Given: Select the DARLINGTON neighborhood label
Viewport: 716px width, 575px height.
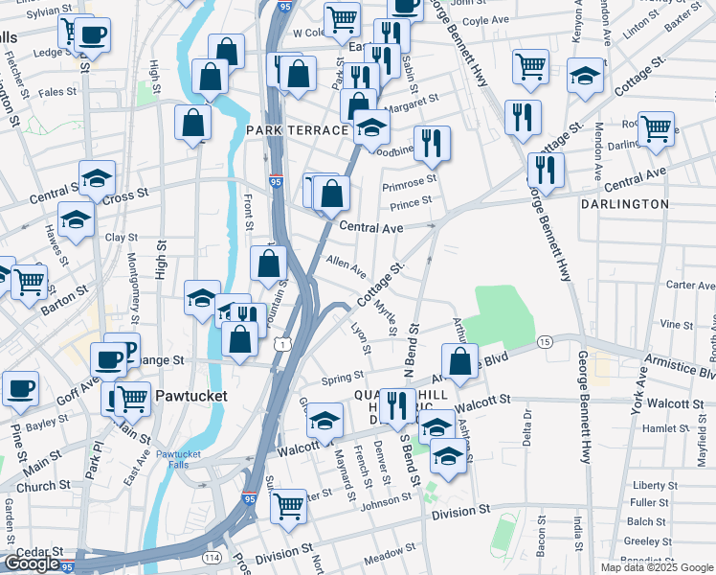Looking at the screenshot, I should pos(624,204).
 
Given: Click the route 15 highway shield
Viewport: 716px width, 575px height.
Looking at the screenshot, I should pos(544,342).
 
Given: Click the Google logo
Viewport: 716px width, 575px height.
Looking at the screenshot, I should pos(32,563).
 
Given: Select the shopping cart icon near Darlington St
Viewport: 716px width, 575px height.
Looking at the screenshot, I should pos(656,127).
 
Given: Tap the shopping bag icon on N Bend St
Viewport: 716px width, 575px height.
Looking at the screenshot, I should pos(460,361).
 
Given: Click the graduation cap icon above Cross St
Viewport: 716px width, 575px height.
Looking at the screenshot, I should pos(97,177).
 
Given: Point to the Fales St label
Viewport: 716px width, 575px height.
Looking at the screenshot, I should pos(57,92).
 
